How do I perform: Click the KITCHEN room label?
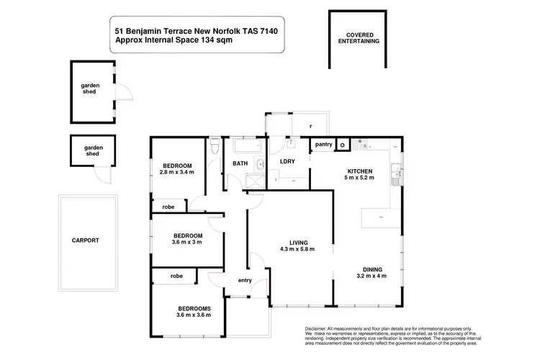[x=359, y=171]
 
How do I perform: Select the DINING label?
[x=371, y=267]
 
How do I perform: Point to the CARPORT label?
[x=85, y=240]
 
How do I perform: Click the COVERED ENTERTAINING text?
[x=358, y=38]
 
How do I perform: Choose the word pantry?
[x=324, y=144]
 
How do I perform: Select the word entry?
[x=246, y=280]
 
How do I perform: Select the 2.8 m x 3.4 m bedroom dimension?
[x=176, y=173]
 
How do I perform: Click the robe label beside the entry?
[x=176, y=276]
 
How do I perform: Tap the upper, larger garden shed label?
[x=90, y=89]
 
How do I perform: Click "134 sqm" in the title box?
[x=215, y=41]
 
